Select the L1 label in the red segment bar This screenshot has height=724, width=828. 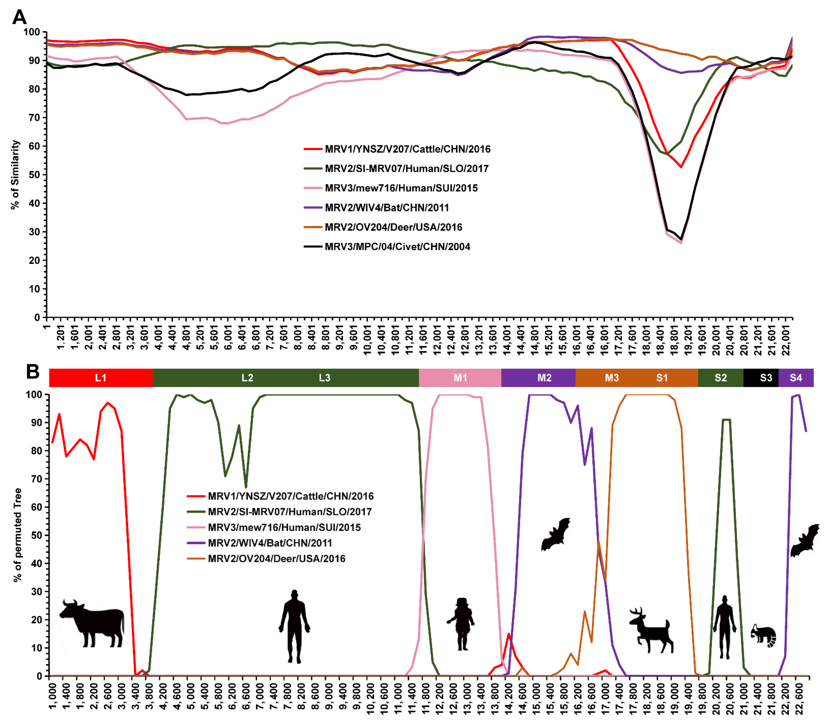click(x=101, y=378)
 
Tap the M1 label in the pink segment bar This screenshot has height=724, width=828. click(x=460, y=378)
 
